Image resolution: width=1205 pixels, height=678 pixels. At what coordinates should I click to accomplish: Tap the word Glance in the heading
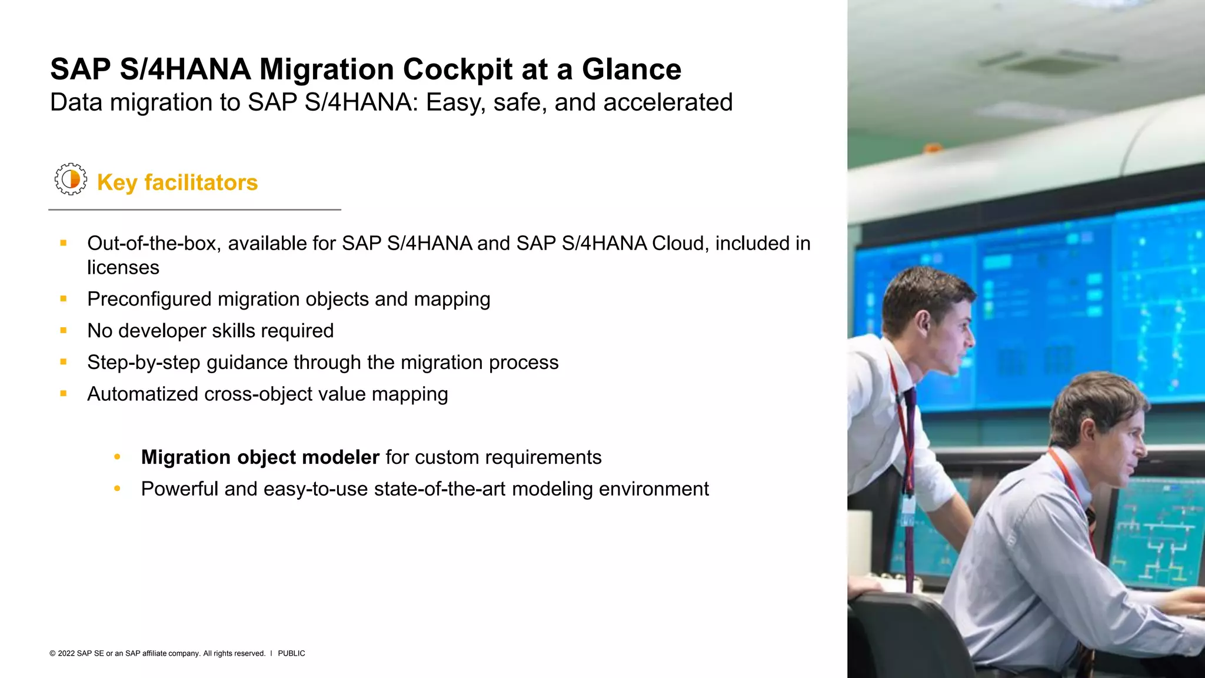pyautogui.click(x=631, y=69)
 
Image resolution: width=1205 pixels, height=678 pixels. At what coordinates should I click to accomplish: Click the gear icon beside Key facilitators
pyautogui.click(x=71, y=179)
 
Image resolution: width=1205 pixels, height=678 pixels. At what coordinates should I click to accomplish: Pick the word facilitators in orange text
pyautogui.click(x=201, y=182)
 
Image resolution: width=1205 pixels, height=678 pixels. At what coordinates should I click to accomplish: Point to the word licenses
pyautogui.click(x=123, y=268)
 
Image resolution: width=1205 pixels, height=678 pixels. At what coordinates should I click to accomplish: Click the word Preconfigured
pyautogui.click(x=149, y=300)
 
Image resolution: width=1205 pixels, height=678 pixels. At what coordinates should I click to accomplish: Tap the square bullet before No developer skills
pyautogui.click(x=64, y=331)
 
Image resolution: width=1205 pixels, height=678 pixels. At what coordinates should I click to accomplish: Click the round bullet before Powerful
pyautogui.click(x=117, y=488)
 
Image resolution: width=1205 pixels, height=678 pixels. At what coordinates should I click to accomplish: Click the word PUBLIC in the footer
pyautogui.click(x=291, y=653)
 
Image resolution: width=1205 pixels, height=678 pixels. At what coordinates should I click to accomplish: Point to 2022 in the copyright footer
pyautogui.click(x=66, y=653)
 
